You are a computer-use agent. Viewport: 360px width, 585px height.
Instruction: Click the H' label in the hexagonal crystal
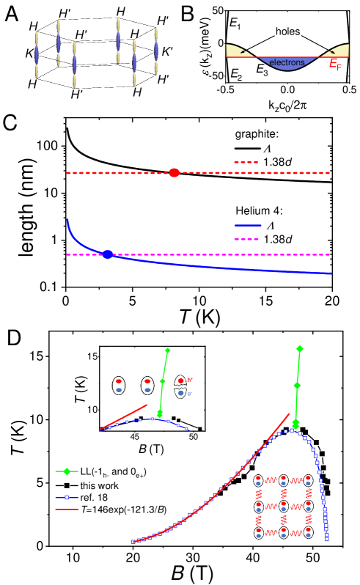(x=81, y=34)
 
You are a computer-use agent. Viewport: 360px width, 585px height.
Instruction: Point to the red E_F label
(x=334, y=65)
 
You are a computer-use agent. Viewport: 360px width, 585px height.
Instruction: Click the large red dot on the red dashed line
(x=175, y=173)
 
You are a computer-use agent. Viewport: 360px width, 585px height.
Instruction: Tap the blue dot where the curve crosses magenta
(x=108, y=254)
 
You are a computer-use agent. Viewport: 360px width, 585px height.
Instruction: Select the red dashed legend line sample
(x=246, y=162)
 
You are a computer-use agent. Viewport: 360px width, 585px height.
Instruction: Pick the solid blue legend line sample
(x=247, y=226)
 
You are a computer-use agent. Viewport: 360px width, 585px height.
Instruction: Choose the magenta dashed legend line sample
(x=246, y=239)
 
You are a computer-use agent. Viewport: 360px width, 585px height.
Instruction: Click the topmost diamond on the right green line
(x=299, y=349)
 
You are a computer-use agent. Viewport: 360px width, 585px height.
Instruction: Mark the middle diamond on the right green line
(x=297, y=386)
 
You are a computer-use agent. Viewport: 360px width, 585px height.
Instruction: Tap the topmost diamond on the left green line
(x=168, y=350)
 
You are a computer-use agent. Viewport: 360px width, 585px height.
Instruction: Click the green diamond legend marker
(x=67, y=471)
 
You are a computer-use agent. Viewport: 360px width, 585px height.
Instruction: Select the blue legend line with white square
(x=67, y=498)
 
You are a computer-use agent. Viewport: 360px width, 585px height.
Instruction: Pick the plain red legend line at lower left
(x=67, y=509)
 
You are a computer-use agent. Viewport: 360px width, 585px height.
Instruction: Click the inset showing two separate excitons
(x=133, y=386)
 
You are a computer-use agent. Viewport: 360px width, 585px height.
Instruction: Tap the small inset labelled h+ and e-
(x=183, y=387)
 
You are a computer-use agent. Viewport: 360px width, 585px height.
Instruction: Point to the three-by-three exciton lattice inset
(x=283, y=507)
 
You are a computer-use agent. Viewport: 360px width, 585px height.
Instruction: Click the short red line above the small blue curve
(x=124, y=417)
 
